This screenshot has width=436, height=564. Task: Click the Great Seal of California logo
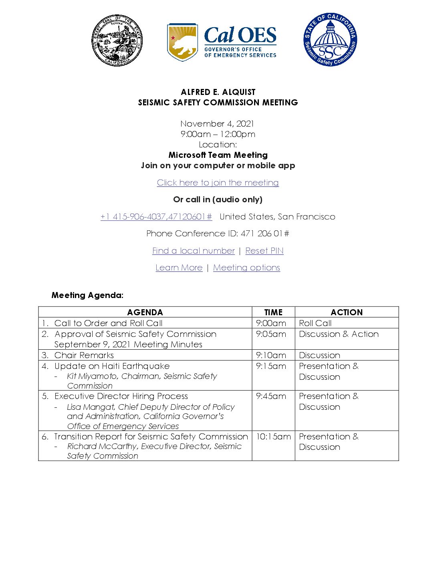coord(117,40)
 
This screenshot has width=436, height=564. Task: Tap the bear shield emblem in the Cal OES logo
coord(182,42)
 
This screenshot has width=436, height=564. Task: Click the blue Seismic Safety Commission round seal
coord(330,39)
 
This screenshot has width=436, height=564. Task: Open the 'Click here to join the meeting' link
coord(218,183)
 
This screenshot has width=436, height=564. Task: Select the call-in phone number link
coord(156,217)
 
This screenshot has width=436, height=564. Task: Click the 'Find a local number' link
coord(193,251)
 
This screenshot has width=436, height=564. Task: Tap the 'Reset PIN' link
coord(264,251)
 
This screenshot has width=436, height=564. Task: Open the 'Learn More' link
coord(179,268)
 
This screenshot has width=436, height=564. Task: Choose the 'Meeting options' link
coord(246,268)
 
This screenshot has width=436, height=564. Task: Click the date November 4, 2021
coord(217,124)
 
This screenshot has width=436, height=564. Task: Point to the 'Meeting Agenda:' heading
coord(87,295)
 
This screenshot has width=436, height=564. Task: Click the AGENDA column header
coord(145,312)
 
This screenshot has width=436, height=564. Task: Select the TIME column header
coord(273,312)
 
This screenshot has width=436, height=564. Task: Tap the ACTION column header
coord(347,312)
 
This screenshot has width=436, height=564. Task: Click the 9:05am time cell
coord(271,334)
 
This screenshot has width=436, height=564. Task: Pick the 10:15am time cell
coord(273,437)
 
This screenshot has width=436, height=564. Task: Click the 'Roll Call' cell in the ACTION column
coord(315,323)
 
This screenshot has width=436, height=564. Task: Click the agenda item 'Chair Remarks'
coord(84,355)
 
